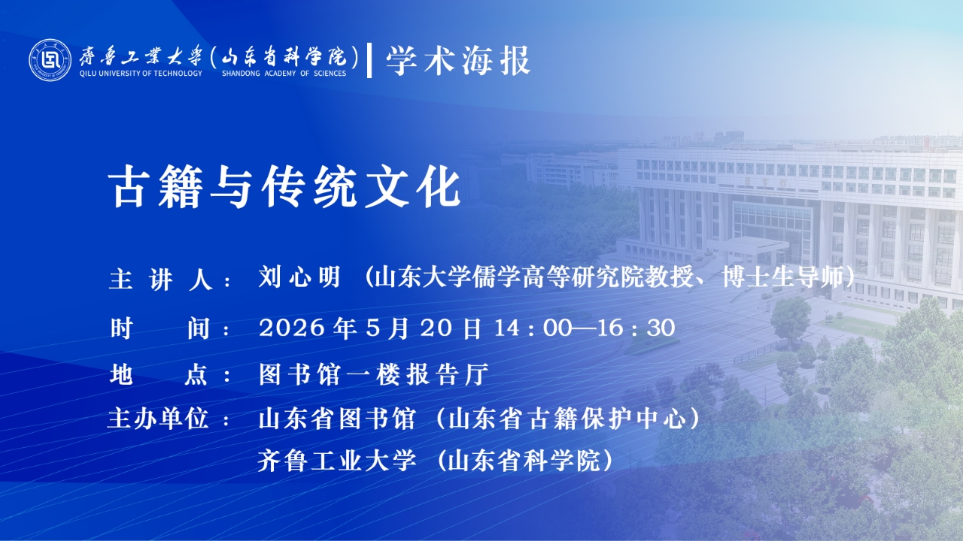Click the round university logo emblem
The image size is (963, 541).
click(50, 60)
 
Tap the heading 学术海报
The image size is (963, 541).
click(458, 61)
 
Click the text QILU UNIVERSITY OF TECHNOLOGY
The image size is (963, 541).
click(141, 74)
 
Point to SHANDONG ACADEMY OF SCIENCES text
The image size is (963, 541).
click(284, 74)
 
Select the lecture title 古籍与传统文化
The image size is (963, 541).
click(284, 187)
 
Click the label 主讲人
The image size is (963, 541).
click(161, 280)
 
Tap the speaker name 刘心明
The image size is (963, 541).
click(299, 277)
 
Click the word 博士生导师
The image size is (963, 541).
click(783, 277)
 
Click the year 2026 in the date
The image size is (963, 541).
click(292, 328)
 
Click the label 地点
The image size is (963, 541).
click(159, 374)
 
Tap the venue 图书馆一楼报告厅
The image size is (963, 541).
click(374, 374)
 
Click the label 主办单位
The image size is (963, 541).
click(158, 418)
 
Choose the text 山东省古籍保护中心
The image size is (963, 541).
click(567, 419)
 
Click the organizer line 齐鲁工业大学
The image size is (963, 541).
click(337, 461)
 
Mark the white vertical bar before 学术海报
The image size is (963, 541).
click(369, 61)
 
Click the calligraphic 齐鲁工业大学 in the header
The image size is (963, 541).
click(141, 56)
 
